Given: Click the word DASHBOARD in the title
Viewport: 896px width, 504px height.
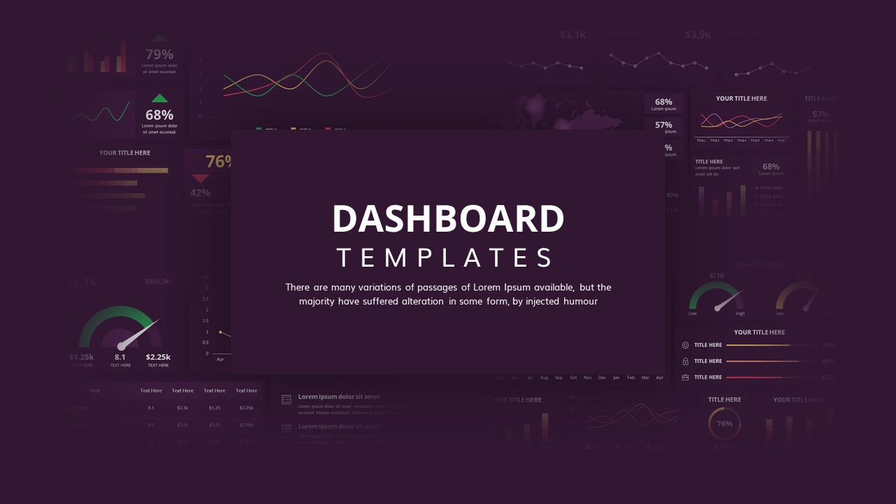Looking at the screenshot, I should [x=448, y=219].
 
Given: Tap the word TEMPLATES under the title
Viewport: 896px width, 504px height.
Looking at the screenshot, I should [x=445, y=258].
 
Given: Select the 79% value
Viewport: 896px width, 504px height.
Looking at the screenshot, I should [x=159, y=55].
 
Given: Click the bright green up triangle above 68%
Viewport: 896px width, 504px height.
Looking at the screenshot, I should [x=160, y=98].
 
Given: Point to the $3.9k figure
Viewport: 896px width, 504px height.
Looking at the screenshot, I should [x=698, y=34].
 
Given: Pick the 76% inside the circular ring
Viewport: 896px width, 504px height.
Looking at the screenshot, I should [x=724, y=423].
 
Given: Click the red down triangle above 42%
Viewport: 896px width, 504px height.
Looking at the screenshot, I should [x=200, y=179].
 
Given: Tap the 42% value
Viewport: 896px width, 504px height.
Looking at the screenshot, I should [x=200, y=192].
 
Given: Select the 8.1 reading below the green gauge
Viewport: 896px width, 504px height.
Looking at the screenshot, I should [x=120, y=357].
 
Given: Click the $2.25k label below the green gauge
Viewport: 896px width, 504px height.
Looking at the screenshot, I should [x=158, y=357].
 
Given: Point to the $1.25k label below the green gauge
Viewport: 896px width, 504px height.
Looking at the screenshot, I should [x=81, y=357].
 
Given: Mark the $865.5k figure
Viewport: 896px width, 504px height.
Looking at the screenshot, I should [x=157, y=281].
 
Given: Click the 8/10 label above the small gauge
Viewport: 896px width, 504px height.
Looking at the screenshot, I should [x=717, y=276].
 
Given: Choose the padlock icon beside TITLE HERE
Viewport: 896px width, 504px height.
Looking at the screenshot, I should [x=685, y=361].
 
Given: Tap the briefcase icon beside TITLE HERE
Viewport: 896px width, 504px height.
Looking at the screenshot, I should [x=685, y=377].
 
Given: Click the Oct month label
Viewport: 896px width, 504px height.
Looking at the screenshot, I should [x=573, y=377].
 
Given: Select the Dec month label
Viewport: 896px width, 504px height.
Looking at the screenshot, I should [x=602, y=377].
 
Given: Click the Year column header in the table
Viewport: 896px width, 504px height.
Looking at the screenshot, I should [x=94, y=391].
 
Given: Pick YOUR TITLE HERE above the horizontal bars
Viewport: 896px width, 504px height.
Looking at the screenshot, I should [x=125, y=153].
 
